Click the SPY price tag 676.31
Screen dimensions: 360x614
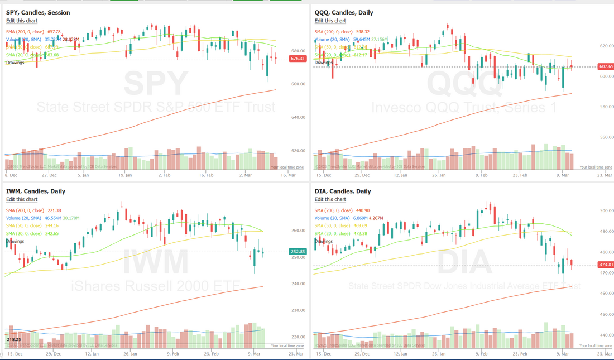pyautogui.click(x=298, y=59)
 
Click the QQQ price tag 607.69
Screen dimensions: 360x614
pyautogui.click(x=606, y=66)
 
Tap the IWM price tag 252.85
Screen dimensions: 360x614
pyautogui.click(x=298, y=252)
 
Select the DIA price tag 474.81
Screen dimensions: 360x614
pyautogui.click(x=606, y=265)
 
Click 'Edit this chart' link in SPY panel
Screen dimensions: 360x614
pyautogui.click(x=22, y=21)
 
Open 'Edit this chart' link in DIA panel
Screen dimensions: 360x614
pyautogui.click(x=330, y=199)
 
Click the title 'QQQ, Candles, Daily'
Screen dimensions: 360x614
pyautogui.click(x=344, y=12)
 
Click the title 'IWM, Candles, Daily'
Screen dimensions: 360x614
pyautogui.click(x=36, y=191)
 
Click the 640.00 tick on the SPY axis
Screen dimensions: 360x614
pyautogui.click(x=298, y=117)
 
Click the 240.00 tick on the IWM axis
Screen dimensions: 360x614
pyautogui.click(x=298, y=284)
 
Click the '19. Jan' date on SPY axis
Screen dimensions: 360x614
pyautogui.click(x=124, y=175)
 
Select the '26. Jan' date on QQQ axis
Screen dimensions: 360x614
pyautogui.click(x=439, y=175)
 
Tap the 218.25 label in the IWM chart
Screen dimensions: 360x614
pyautogui.click(x=14, y=339)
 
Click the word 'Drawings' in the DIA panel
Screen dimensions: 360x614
pyautogui.click(x=324, y=241)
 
